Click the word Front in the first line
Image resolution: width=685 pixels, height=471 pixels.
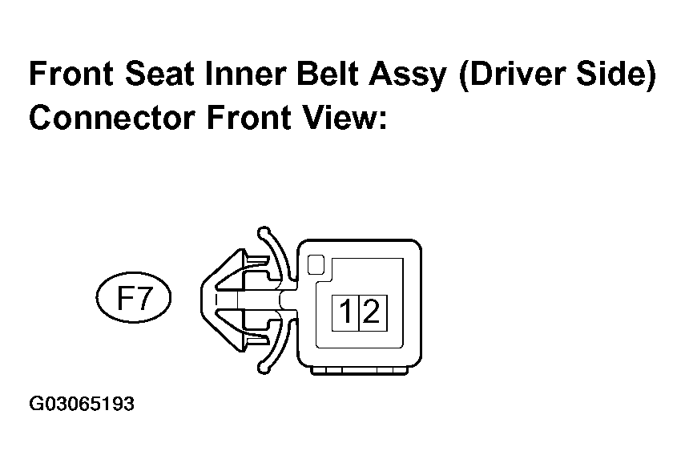71,74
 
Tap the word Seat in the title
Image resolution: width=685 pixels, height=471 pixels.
159,74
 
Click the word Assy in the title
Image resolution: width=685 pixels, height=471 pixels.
407,76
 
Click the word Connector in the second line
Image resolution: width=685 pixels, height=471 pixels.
112,118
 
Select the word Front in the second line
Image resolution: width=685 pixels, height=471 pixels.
248,118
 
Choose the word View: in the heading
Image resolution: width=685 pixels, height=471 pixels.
345,118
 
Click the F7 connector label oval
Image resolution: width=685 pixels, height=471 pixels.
134,297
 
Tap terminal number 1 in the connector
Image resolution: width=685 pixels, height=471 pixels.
345,313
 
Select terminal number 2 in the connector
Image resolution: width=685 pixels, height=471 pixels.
373,313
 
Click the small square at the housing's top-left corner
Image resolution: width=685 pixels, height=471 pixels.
316,265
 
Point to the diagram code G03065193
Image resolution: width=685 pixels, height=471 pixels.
82,404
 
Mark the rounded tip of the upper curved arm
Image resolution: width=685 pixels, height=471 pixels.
263,232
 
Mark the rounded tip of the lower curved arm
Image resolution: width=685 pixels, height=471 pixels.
263,368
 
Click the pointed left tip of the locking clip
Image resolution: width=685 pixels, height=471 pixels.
202,300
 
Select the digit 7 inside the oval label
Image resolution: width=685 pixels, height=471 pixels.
143,298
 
